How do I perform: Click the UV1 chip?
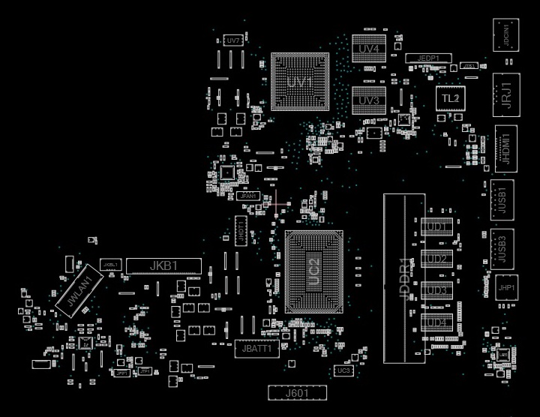pos(300,82)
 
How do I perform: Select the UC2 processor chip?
pos(314,271)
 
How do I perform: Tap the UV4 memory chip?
pos(368,49)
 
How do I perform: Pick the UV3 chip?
pos(368,100)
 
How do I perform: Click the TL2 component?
pos(450,98)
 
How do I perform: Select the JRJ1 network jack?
pos(506,94)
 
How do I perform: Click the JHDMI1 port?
pos(506,147)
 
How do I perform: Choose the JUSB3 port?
pos(502,247)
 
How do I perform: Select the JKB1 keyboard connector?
pos(163,265)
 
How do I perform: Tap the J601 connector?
pos(297,392)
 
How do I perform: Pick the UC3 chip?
pos(343,370)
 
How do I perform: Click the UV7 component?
pos(233,40)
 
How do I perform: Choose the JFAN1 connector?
pos(247,196)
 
